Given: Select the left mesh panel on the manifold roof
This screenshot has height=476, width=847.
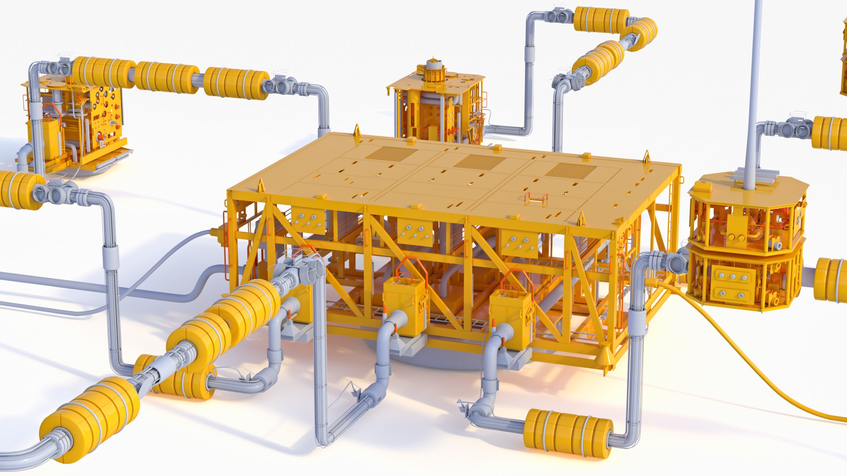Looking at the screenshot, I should pyautogui.click(x=391, y=154).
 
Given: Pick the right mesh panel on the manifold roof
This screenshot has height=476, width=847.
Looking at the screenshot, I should pyautogui.click(x=571, y=171).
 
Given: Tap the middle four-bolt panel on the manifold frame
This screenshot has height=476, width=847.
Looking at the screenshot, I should pyautogui.click(x=415, y=232).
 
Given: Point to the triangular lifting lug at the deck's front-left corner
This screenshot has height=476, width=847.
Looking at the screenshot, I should pyautogui.click(x=261, y=186).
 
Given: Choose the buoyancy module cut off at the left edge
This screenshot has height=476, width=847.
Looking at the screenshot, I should pyautogui.click(x=18, y=190).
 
